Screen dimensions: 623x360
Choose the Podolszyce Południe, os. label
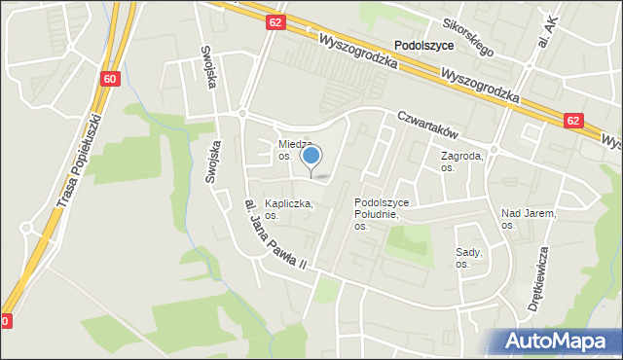[x=383, y=214]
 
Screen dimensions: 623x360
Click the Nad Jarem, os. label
[x=528, y=218]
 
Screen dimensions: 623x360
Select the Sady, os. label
[x=469, y=257]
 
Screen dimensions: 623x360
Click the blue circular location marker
[x=311, y=156]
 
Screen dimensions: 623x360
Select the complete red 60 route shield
[x=110, y=79]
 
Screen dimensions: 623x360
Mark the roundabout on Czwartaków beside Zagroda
[x=494, y=150]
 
